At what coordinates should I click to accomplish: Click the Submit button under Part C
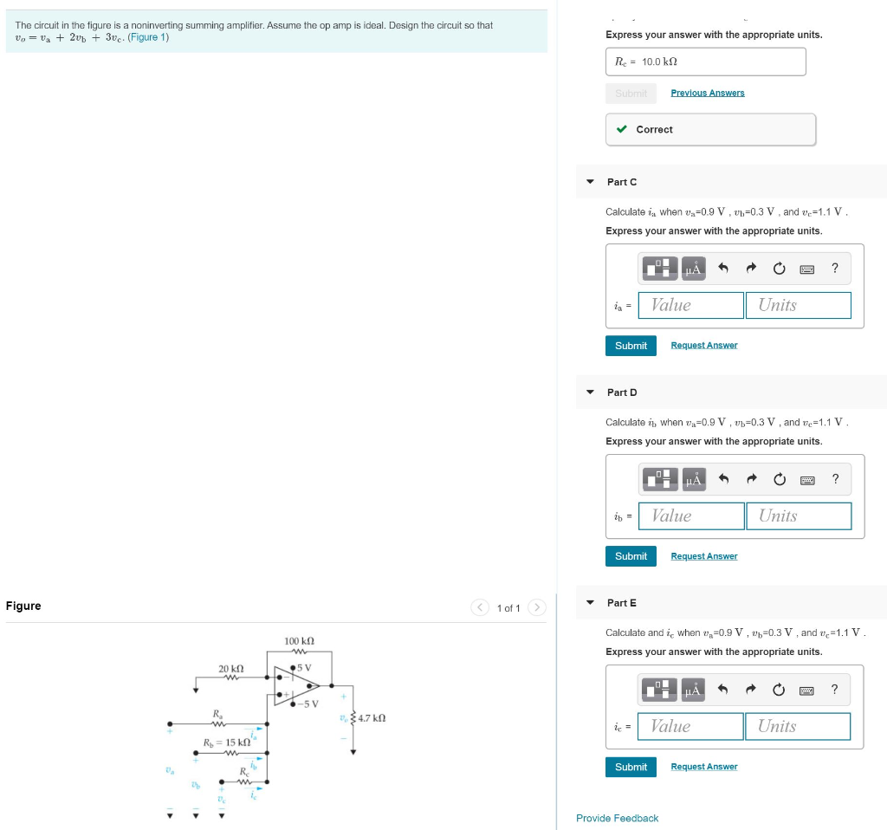pyautogui.click(x=631, y=346)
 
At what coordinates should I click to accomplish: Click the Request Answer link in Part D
pyautogui.click(x=703, y=556)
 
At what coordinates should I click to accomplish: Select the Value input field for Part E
pyautogui.click(x=690, y=726)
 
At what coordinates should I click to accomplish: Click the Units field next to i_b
pyautogui.click(x=798, y=516)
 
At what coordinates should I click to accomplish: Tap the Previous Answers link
pyautogui.click(x=707, y=93)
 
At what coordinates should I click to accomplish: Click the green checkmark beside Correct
pyautogui.click(x=622, y=130)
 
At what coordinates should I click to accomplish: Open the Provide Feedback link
pyautogui.click(x=617, y=818)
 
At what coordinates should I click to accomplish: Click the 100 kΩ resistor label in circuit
pyautogui.click(x=299, y=640)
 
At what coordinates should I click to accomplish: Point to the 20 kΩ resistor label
pyautogui.click(x=231, y=669)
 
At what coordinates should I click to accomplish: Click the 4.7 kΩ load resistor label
pyautogui.click(x=371, y=718)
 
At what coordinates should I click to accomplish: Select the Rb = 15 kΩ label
pyautogui.click(x=227, y=742)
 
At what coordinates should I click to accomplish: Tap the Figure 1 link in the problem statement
pyautogui.click(x=148, y=37)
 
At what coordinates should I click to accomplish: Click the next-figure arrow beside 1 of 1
pyautogui.click(x=537, y=608)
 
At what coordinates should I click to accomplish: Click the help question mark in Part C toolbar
pyautogui.click(x=834, y=269)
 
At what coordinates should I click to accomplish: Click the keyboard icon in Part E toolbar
pyautogui.click(x=806, y=690)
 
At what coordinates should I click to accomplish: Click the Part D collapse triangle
pyautogui.click(x=590, y=392)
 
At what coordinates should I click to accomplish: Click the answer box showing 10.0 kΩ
pyautogui.click(x=705, y=62)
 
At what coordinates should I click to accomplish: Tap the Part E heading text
pyautogui.click(x=621, y=603)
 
